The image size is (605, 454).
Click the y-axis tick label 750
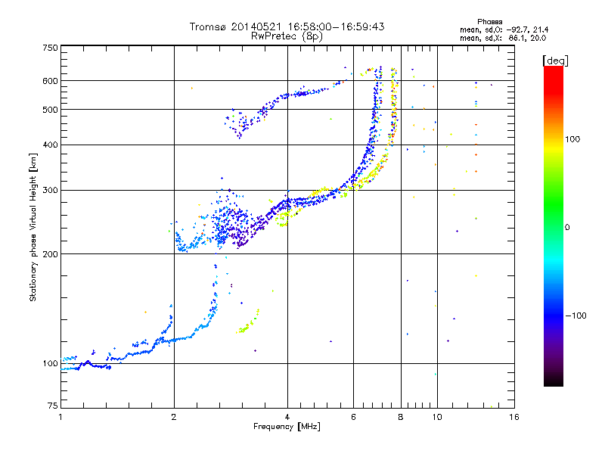click(50, 47)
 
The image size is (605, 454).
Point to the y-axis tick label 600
click(50, 80)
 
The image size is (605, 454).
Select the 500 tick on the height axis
click(50, 109)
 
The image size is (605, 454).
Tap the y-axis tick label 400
click(50, 145)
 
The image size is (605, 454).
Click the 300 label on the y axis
click(50, 190)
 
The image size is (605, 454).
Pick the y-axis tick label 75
click(52, 407)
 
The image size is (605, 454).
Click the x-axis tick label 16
click(513, 417)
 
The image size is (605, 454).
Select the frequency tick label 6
click(353, 417)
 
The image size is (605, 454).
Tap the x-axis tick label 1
click(60, 417)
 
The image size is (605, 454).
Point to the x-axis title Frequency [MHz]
click(287, 428)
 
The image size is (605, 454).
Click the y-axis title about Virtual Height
click(33, 227)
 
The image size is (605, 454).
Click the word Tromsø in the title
click(209, 26)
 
